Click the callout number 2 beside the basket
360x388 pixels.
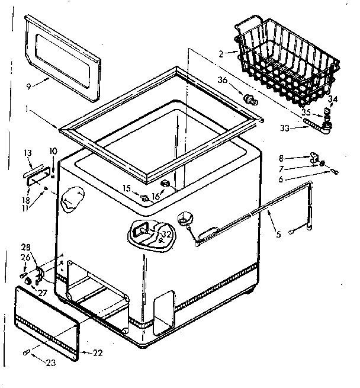[220, 53]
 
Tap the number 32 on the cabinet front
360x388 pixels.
[166, 234]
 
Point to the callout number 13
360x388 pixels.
[27, 153]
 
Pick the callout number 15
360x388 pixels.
[126, 188]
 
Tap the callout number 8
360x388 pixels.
[281, 158]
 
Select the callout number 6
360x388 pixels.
[281, 178]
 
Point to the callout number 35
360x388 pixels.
[306, 111]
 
